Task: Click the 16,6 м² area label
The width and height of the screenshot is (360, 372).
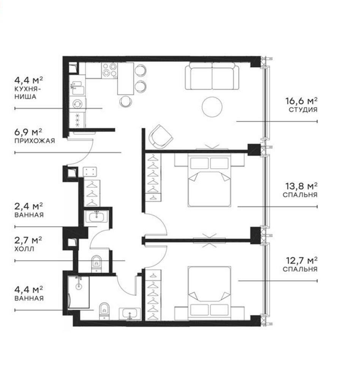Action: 301,101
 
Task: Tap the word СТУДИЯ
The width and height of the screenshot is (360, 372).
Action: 303,110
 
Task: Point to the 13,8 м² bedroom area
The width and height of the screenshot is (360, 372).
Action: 301,186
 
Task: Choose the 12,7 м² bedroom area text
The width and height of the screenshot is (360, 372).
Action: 301,261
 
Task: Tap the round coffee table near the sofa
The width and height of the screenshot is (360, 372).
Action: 212,106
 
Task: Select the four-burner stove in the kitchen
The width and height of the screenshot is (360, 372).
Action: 109,71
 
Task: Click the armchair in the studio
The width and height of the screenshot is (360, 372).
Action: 161,135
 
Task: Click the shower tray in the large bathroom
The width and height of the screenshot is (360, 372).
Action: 79,292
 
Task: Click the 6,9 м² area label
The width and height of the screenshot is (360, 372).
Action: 28,132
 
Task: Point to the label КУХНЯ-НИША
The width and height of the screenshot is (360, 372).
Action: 25,93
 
